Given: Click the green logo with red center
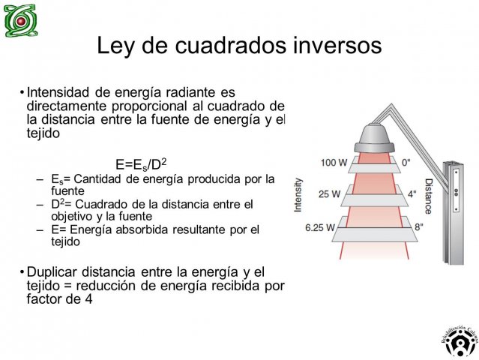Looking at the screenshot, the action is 21,20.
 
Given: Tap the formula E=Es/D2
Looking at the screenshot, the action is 141,164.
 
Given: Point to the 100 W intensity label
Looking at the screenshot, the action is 334,163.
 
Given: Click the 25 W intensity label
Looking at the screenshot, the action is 329,193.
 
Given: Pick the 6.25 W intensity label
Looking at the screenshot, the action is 320,227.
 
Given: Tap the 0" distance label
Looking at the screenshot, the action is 406,163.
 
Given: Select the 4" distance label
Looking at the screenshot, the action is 412,193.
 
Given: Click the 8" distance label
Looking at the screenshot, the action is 419,226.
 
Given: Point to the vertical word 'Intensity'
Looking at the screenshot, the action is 298,195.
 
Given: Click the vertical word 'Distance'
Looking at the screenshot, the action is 429,196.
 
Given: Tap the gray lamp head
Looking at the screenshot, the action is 374,138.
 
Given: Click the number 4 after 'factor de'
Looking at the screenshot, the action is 88,299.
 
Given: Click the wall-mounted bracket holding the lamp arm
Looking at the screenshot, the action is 454,213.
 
